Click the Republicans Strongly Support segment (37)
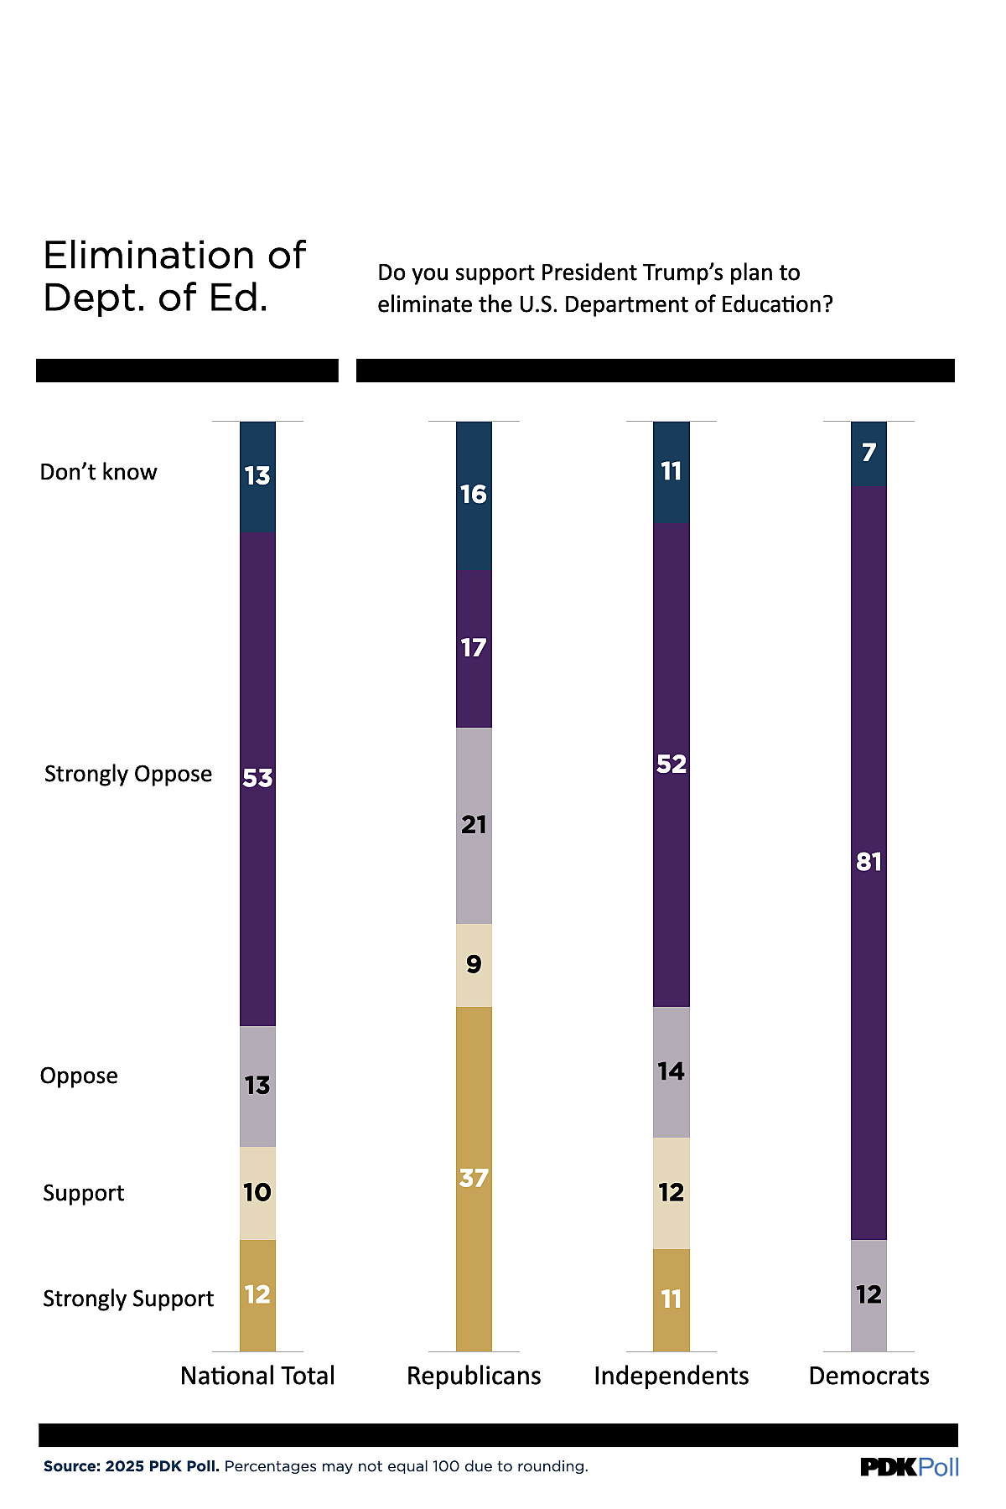point(474,1178)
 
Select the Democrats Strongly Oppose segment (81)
point(869,862)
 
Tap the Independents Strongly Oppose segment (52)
point(672,764)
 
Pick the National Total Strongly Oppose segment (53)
point(257,778)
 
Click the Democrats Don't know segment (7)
point(869,453)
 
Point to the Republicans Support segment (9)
point(474,964)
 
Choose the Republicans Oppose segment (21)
point(474,825)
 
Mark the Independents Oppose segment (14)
point(672,1071)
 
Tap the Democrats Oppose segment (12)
point(869,1294)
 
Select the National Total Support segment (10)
point(257,1192)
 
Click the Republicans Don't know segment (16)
point(474,495)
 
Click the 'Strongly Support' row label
point(128,1299)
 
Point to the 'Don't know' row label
point(99,472)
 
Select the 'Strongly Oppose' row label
point(128,774)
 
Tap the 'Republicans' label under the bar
point(474,1376)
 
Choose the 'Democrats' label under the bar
point(869,1376)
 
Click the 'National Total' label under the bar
point(257,1376)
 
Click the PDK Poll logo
point(910,1467)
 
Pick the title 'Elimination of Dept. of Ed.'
point(174,276)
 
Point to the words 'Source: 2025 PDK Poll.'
point(132,1466)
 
